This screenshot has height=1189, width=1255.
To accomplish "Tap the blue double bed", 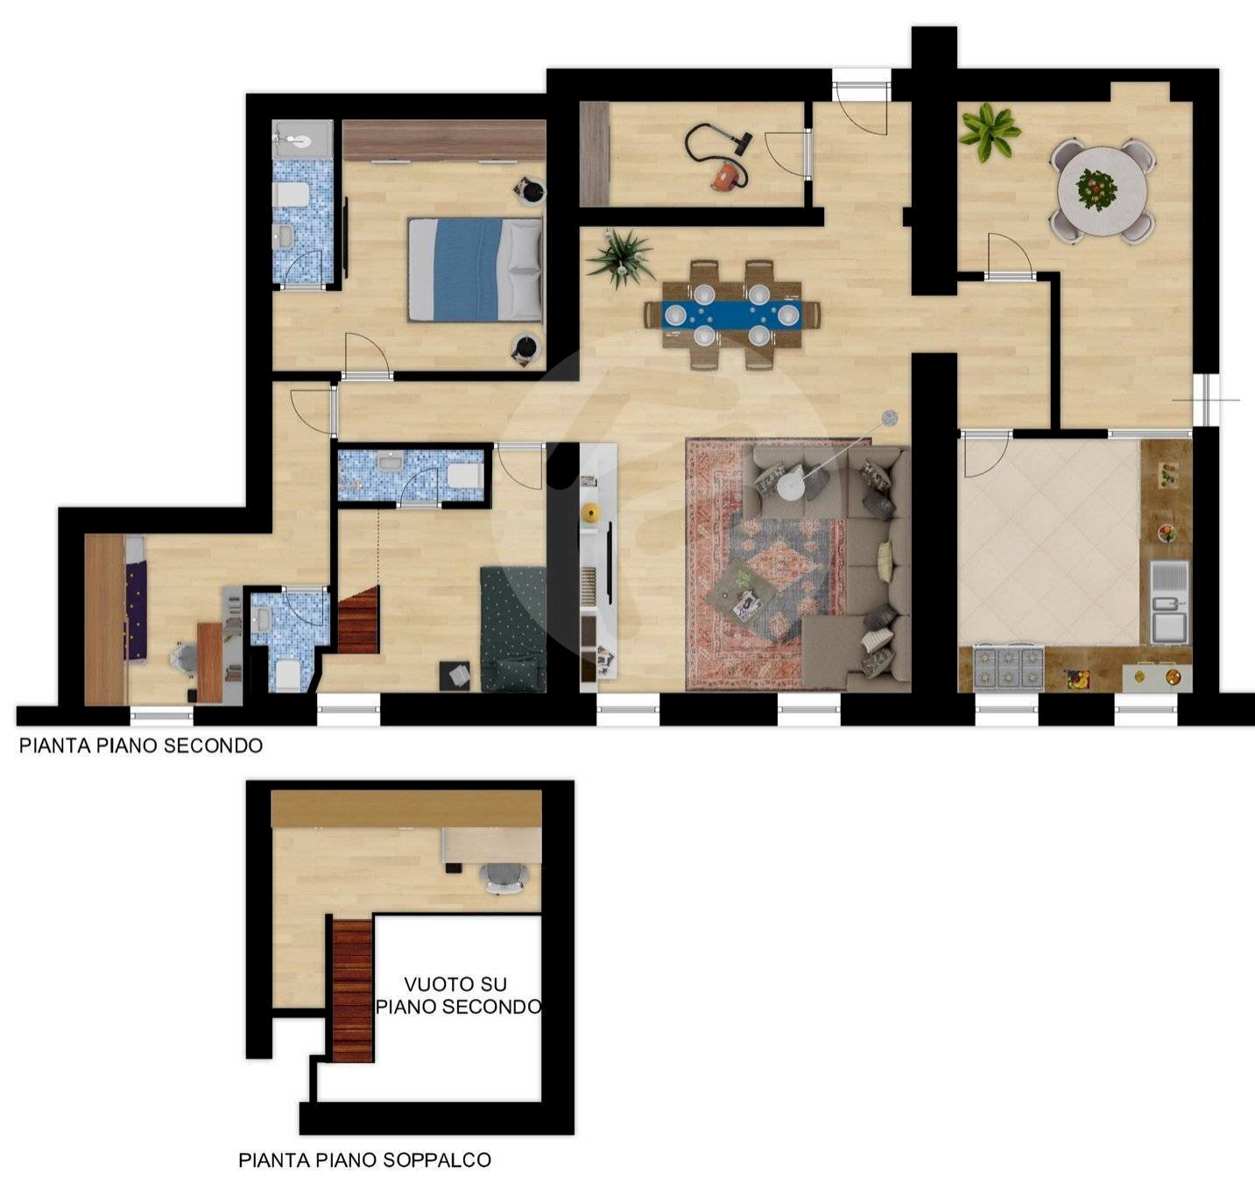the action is [475, 270].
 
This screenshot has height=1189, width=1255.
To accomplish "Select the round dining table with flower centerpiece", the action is [1103, 190].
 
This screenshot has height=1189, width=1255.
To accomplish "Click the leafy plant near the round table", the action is [990, 131].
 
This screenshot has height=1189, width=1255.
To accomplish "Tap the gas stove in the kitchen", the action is [1009, 668].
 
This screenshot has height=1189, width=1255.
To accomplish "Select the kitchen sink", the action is [1169, 601].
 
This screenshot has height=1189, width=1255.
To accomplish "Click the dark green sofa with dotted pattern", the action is [513, 629].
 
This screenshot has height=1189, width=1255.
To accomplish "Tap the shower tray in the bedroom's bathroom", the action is [302, 138].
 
